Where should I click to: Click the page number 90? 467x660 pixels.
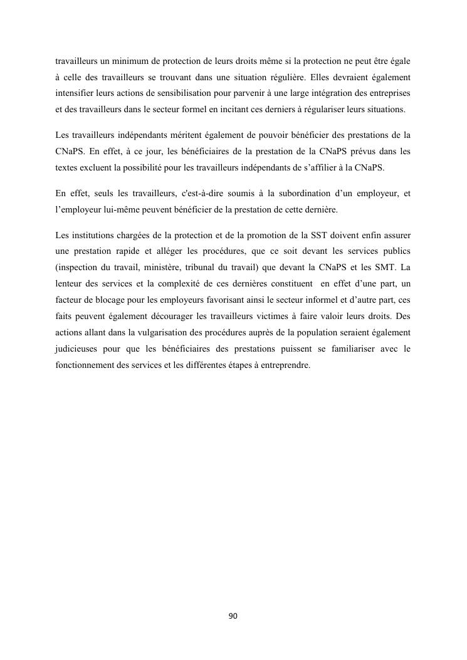pos(233,616)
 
